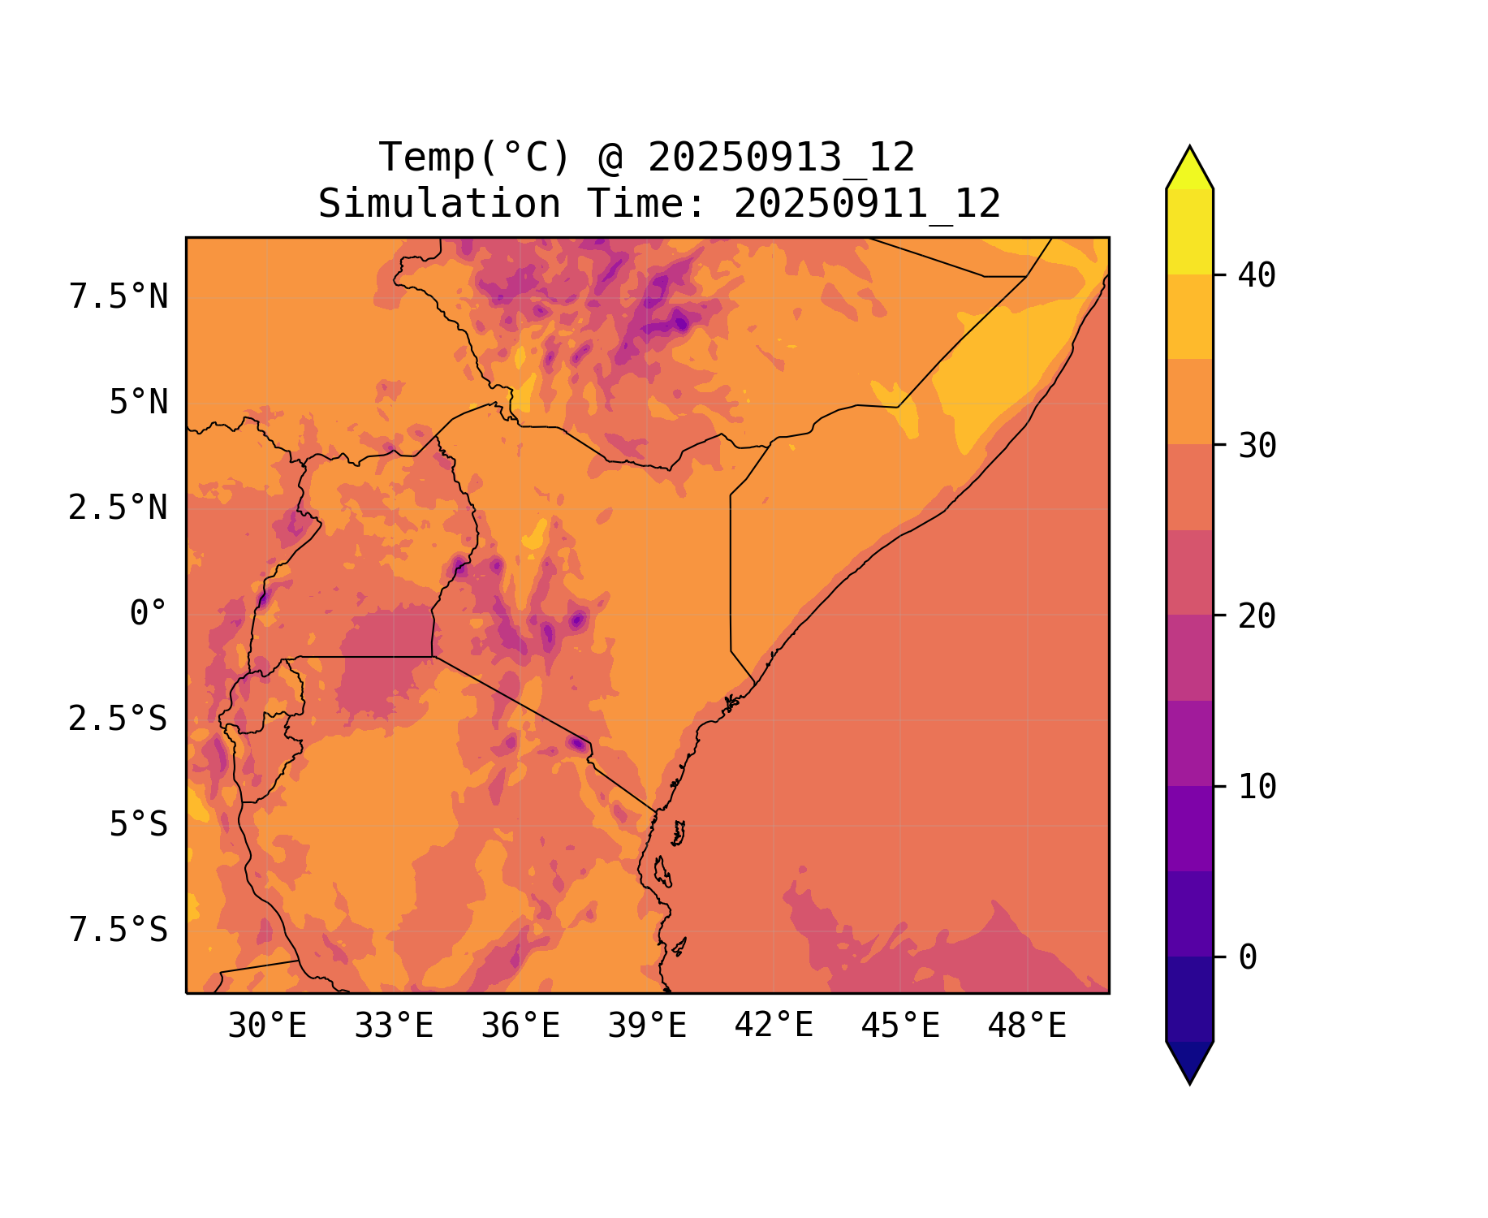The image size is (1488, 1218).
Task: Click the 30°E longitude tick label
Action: (267, 1026)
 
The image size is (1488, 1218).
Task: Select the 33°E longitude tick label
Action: (394, 1026)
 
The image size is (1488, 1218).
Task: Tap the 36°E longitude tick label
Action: (520, 1026)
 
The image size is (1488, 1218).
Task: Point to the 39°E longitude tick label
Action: (647, 1026)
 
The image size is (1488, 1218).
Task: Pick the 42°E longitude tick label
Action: (774, 1026)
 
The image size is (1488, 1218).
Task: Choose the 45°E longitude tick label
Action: (900, 1026)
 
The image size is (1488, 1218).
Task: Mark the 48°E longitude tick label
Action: (1027, 1026)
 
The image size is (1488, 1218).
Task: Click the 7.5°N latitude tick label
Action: (119, 297)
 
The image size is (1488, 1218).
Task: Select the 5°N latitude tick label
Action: (139, 403)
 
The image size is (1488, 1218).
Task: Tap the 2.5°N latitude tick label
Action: (119, 508)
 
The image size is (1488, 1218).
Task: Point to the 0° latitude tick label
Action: (149, 614)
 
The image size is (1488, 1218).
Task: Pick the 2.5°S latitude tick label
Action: (119, 719)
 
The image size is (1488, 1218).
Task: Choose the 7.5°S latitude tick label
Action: (119, 931)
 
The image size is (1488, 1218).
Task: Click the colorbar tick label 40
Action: (1257, 276)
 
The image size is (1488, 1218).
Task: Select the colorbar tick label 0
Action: (1248, 958)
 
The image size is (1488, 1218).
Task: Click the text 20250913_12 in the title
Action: (781, 158)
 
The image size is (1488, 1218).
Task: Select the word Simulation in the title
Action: (439, 204)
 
